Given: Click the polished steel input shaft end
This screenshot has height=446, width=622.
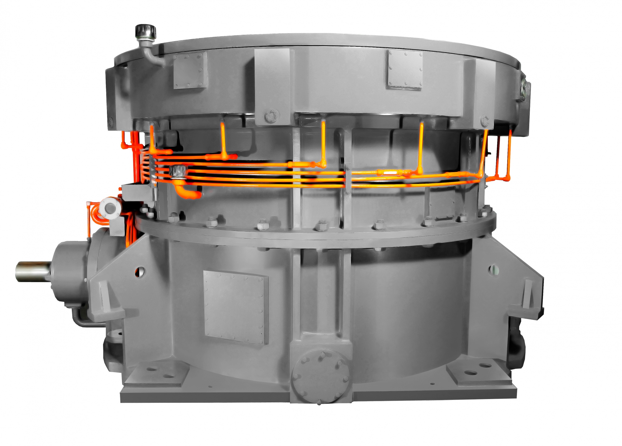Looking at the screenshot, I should click(31, 271).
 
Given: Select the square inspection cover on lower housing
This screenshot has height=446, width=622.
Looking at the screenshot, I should click(236, 307).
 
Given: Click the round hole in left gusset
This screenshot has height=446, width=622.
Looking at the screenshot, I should click(140, 272).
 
